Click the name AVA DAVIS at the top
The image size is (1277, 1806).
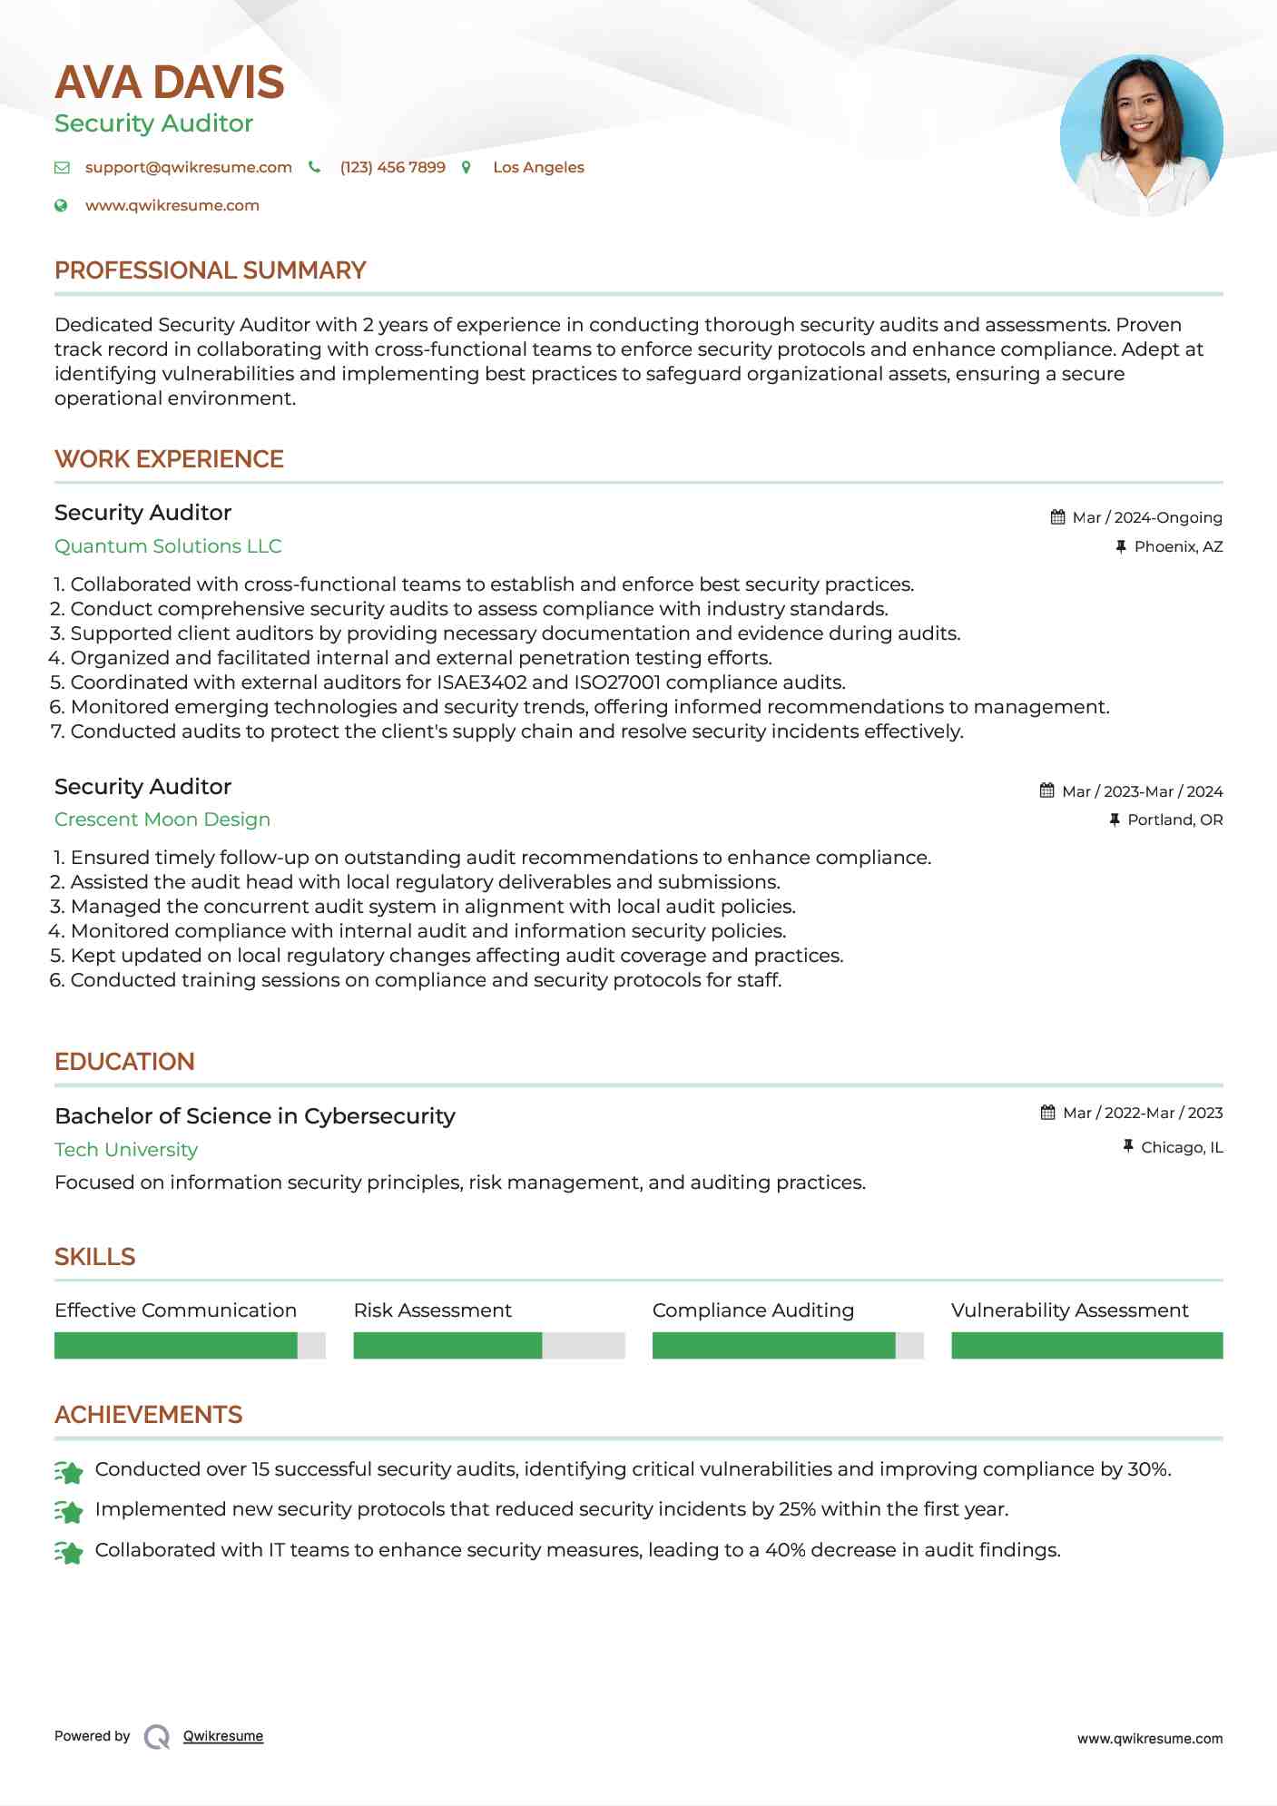pyautogui.click(x=170, y=83)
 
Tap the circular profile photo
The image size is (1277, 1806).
pyautogui.click(x=1141, y=136)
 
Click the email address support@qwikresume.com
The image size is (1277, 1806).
pyautogui.click(x=189, y=168)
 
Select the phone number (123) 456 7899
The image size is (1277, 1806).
pyautogui.click(x=392, y=168)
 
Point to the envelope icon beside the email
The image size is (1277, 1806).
pyautogui.click(x=62, y=168)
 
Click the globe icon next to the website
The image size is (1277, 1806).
pyautogui.click(x=61, y=206)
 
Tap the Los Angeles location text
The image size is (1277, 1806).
pyautogui.click(x=538, y=168)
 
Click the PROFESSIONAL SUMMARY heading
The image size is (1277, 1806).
pyautogui.click(x=210, y=270)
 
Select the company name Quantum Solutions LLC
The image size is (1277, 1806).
pyautogui.click(x=168, y=546)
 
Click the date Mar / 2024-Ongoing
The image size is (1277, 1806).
pyautogui.click(x=1147, y=518)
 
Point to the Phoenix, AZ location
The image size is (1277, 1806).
pyautogui.click(x=1178, y=547)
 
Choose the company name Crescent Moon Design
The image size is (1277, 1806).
pyautogui.click(x=162, y=820)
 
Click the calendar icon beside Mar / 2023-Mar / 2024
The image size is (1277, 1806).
pyautogui.click(x=1047, y=791)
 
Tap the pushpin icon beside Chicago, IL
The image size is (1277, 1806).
pyautogui.click(x=1128, y=1147)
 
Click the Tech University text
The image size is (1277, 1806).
pyautogui.click(x=126, y=1150)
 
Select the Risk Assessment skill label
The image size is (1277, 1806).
pyautogui.click(x=432, y=1310)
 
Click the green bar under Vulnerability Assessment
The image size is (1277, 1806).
pyautogui.click(x=1086, y=1346)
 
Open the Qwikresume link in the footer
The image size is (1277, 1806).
pyautogui.click(x=223, y=1736)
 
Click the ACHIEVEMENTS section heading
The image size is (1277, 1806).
pyautogui.click(x=148, y=1415)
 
